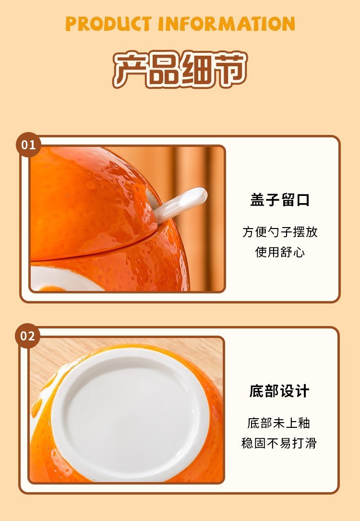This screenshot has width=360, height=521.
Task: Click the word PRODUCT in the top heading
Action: click(108, 24)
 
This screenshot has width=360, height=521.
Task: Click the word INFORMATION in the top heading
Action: click(227, 24)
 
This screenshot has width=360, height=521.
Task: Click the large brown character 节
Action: click(230, 69)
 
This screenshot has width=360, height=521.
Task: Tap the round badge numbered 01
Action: click(29, 145)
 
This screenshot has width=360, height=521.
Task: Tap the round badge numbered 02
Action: click(27, 336)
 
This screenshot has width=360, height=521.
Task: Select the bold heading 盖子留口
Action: click(280, 200)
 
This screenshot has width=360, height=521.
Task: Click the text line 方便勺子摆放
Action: click(280, 232)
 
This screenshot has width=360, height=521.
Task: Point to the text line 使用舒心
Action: click(280, 252)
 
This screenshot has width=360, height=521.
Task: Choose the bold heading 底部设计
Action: click(279, 391)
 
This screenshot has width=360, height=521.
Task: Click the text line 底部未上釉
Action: click(278, 423)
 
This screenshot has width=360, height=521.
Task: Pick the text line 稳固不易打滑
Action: click(278, 443)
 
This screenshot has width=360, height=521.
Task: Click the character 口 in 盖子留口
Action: click(302, 200)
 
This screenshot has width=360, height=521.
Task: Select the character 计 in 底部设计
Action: click(302, 391)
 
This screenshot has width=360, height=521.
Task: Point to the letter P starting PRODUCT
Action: click(71, 24)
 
